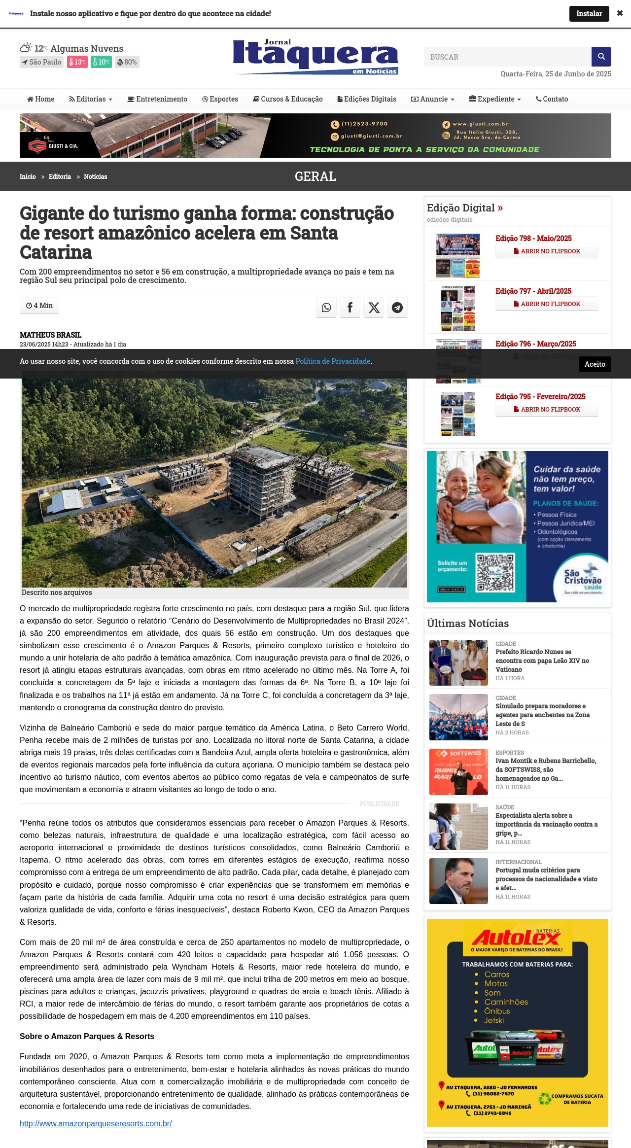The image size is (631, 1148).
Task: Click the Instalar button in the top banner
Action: (x=589, y=14)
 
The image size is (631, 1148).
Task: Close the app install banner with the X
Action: (x=620, y=13)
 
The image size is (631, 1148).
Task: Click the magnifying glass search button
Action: (x=601, y=57)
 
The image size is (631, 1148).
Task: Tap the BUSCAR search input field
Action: (x=507, y=57)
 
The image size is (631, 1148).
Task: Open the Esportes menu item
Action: (x=220, y=99)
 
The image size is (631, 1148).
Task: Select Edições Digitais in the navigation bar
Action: (x=367, y=99)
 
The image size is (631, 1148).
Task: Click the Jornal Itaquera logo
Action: (x=315, y=57)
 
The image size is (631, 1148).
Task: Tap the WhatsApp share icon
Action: (x=326, y=308)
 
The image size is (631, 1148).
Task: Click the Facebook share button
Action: (x=350, y=308)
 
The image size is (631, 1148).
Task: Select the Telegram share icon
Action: (x=397, y=308)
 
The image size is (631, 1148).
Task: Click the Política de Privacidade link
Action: (x=333, y=361)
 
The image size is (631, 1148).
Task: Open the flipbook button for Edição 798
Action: (x=547, y=251)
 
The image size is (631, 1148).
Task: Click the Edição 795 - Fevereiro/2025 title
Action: (x=540, y=396)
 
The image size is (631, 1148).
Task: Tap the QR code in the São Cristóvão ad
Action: (x=495, y=572)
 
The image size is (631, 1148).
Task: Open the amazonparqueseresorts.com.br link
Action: (x=96, y=1123)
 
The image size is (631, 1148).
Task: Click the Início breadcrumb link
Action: (x=28, y=176)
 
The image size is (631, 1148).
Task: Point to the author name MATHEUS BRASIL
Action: (x=50, y=335)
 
